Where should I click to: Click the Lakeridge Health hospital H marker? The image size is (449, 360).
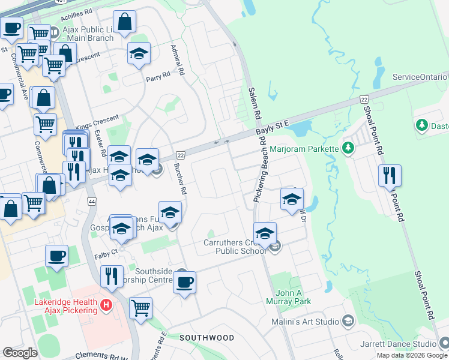[106, 305]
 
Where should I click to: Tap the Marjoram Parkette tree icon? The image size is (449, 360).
[348, 148]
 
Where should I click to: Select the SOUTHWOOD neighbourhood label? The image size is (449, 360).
[207, 338]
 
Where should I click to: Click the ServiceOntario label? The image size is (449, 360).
[420, 77]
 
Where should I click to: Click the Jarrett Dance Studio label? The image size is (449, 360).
[399, 344]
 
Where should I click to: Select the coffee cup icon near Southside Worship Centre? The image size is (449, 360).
[185, 281]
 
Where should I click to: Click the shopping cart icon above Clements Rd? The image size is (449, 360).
[141, 308]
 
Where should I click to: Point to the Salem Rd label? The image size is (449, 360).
[254, 103]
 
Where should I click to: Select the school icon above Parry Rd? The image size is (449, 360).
[139, 53]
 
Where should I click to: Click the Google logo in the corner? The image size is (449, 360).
[20, 353]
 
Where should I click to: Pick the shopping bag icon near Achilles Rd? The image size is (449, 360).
[124, 22]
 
